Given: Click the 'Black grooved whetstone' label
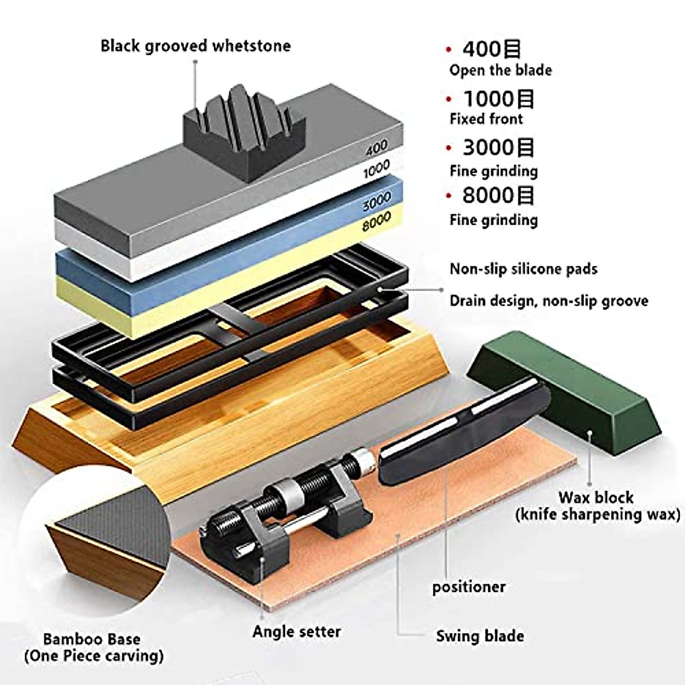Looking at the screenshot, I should tap(195, 46).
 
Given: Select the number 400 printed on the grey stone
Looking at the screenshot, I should tap(376, 148).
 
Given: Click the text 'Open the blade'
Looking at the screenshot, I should tap(500, 70).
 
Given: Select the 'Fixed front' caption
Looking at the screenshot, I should tap(486, 119).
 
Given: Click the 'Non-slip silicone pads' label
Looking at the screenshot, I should tap(523, 269).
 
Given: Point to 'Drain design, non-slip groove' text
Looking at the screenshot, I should tap(549, 301).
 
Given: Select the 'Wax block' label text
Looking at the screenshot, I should tap(595, 497).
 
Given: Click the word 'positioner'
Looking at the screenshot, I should tap(469, 587).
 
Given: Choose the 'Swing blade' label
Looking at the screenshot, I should tap(479, 636).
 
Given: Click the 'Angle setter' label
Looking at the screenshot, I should tap(296, 631).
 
